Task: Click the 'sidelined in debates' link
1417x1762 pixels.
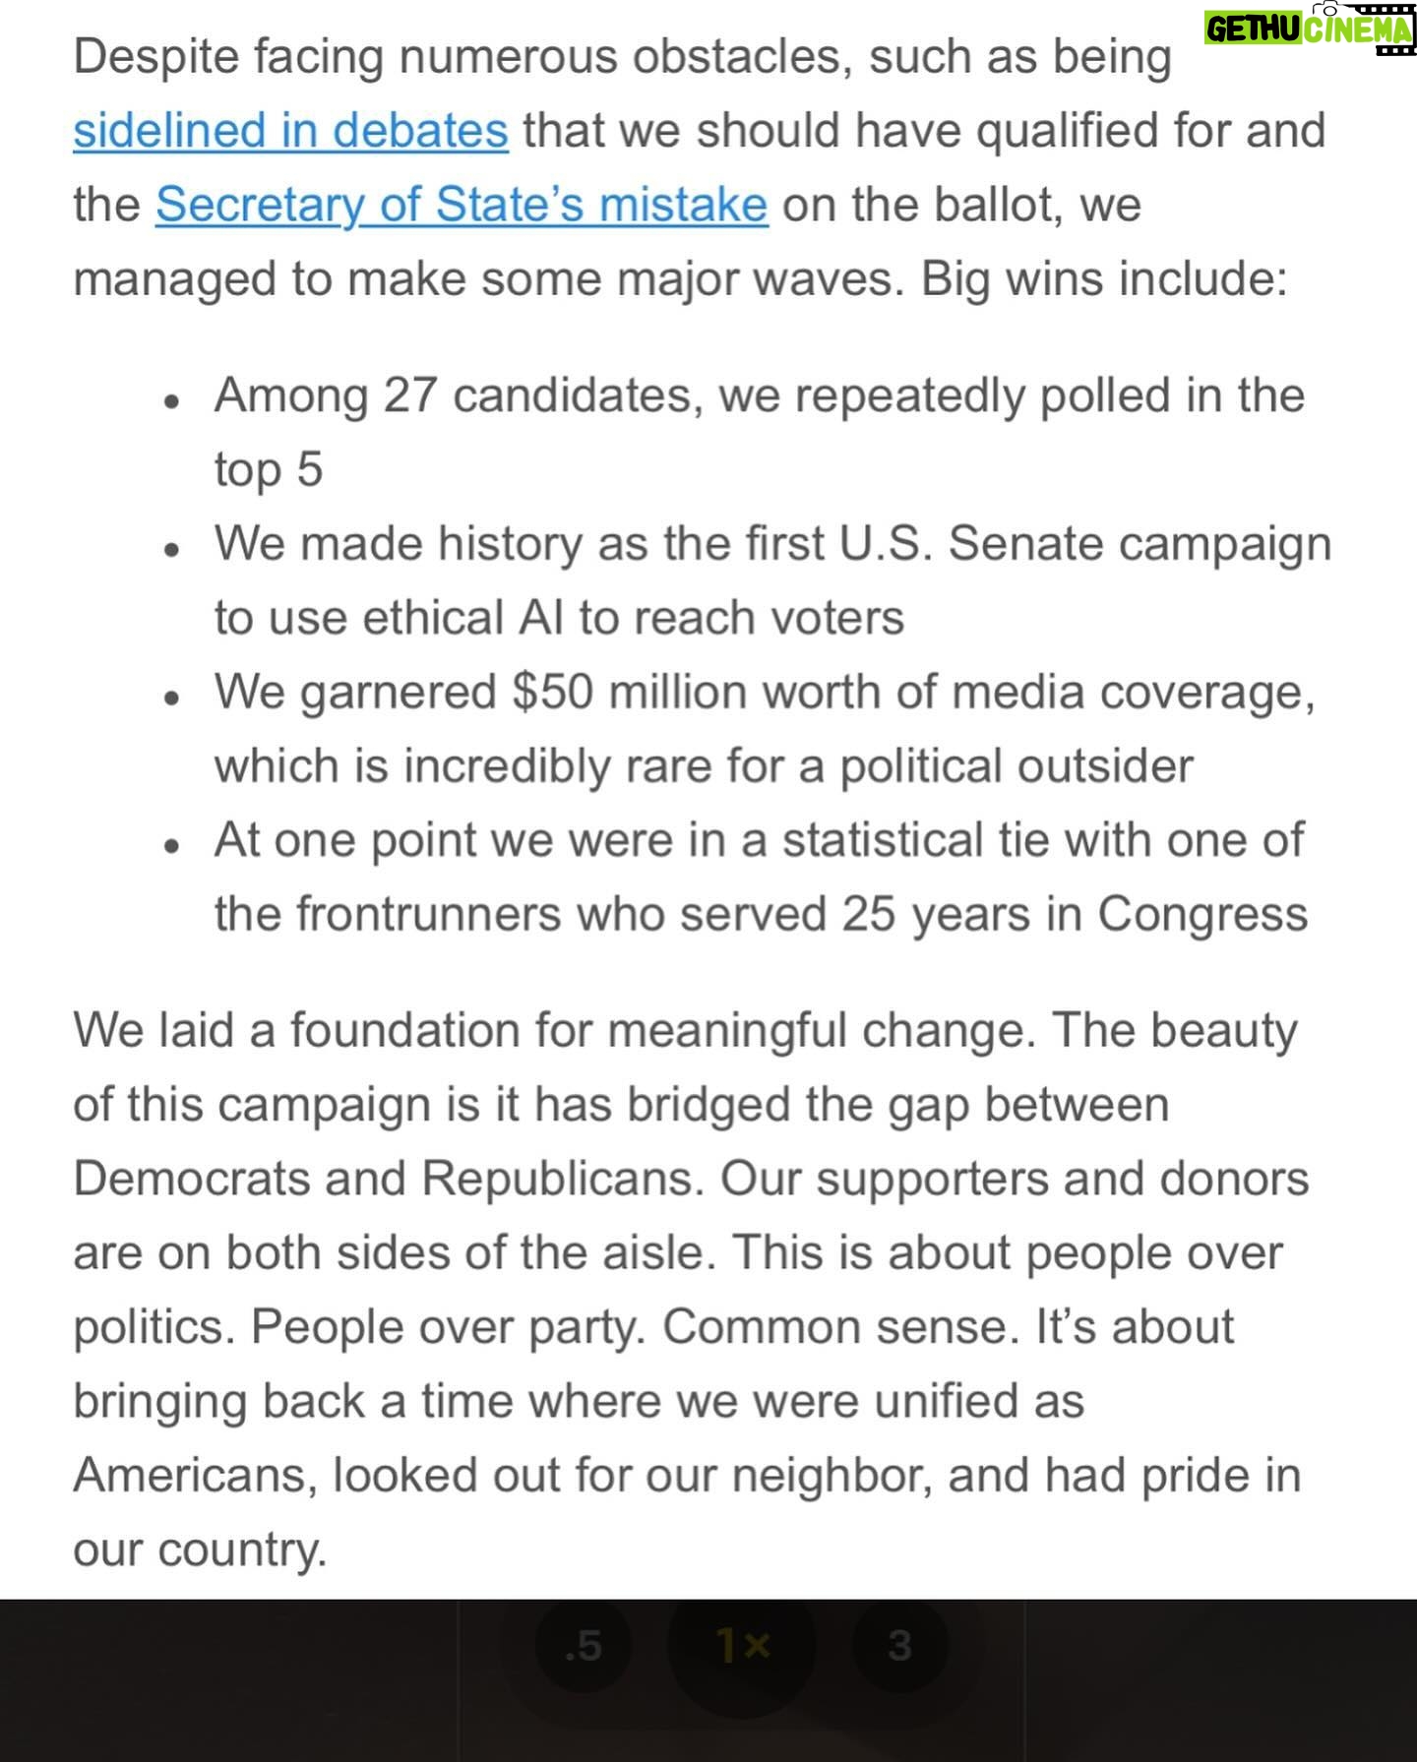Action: tap(290, 131)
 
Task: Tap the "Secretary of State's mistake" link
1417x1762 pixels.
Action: tap(461, 205)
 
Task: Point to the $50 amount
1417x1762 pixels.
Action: tap(552, 692)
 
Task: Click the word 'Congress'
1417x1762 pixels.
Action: tap(1201, 914)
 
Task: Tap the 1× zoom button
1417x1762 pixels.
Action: tap(742, 1644)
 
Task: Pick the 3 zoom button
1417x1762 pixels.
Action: tap(898, 1644)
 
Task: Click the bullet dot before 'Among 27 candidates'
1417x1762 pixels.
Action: tap(172, 401)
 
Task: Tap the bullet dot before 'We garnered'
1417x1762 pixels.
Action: tap(172, 698)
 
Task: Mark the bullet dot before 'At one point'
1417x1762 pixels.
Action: tap(172, 846)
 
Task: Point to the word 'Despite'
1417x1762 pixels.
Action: tap(156, 57)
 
